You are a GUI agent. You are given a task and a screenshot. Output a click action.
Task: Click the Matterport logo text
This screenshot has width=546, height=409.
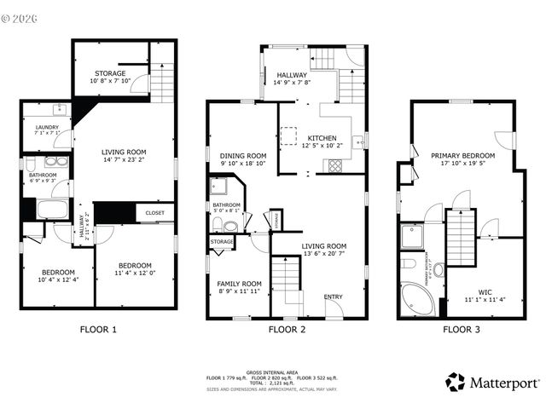point(501,382)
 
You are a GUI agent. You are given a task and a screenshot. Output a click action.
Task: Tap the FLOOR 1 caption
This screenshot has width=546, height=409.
point(98,329)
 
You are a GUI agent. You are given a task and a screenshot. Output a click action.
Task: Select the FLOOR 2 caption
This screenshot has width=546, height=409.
point(288,329)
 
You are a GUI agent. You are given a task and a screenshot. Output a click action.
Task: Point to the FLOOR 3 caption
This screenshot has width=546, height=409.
point(461,329)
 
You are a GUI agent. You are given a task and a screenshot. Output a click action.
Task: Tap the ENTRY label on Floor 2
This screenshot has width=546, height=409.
point(333,297)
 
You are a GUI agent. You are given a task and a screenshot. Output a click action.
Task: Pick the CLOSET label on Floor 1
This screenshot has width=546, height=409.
point(154,213)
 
